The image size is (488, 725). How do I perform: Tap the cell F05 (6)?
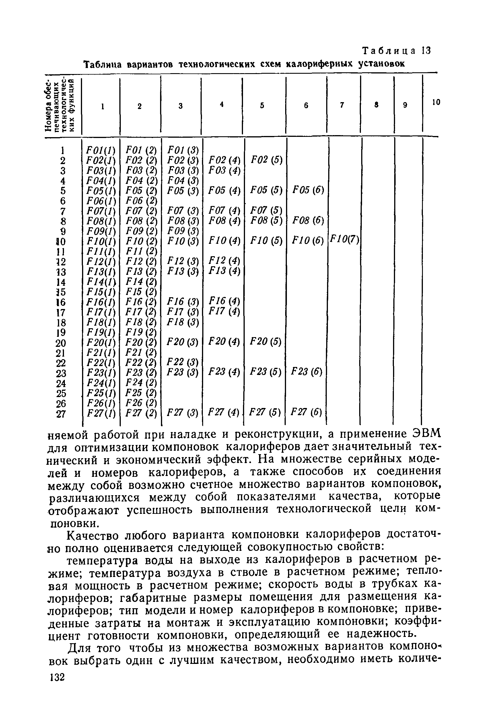coord(308,190)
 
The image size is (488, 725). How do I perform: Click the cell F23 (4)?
coord(224,372)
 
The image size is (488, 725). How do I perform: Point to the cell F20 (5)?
coord(265,342)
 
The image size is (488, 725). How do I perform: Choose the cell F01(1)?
coord(100,150)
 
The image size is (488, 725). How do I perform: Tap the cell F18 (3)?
coord(182,322)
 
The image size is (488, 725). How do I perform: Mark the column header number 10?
coord(436,102)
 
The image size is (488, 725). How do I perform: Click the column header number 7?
coord(342,106)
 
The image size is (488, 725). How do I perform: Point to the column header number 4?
coord(221,105)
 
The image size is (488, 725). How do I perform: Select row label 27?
coord(61,414)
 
